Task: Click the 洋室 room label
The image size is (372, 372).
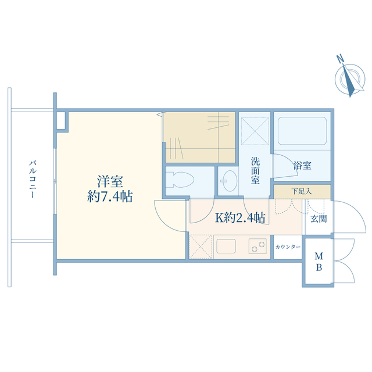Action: pos(110,182)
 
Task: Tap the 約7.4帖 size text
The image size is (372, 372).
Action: pos(110,196)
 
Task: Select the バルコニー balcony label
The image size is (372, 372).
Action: pos(33,179)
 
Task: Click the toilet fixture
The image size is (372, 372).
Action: pos(180,180)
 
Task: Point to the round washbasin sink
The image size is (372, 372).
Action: pos(229,181)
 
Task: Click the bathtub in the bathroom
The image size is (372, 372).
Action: pos(302,131)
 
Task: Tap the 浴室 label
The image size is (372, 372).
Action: pos(302,165)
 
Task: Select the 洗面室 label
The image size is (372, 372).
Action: pos(255,170)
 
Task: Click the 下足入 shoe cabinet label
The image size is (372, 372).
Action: pos(302,191)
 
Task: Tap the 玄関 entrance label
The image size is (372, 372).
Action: pos(319,219)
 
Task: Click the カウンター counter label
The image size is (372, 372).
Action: pos(288,247)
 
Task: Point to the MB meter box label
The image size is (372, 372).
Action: pos(319,262)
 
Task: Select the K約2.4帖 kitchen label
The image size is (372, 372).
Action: pos(240,217)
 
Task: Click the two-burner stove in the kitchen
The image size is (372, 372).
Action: pos(257,246)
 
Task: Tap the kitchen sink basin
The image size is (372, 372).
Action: pos(226,246)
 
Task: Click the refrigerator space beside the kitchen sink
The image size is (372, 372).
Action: pos(201,246)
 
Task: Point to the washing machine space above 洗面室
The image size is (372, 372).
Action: pos(255,131)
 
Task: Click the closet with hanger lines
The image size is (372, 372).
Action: pos(199,137)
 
